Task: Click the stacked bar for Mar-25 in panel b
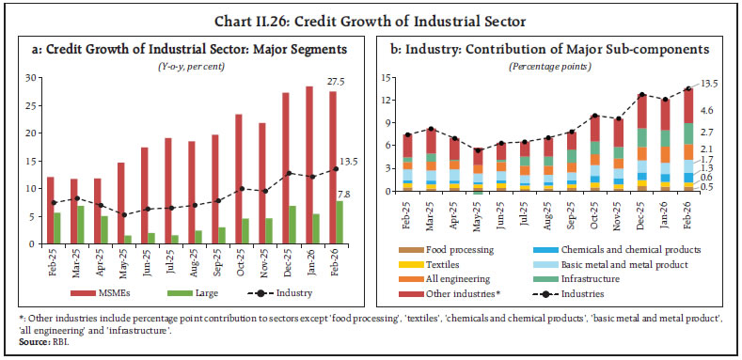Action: pyautogui.click(x=432, y=160)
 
